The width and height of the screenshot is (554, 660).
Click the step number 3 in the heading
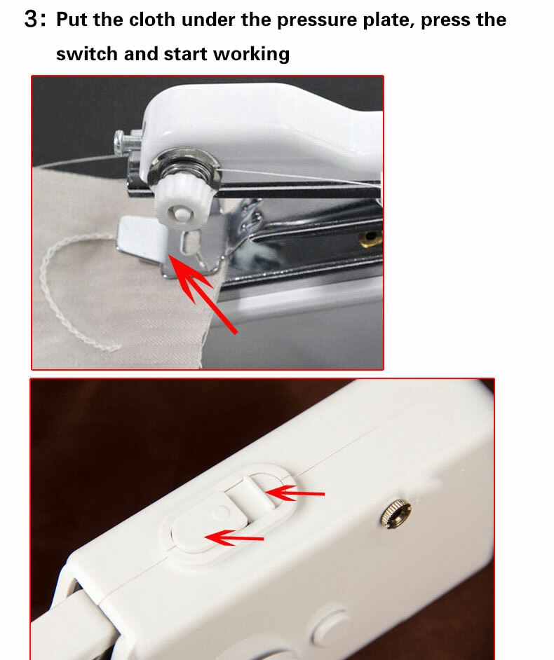[32, 19]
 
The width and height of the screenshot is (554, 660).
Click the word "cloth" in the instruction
[151, 20]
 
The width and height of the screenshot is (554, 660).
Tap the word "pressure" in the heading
[317, 20]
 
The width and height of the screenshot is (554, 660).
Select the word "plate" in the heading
[389, 20]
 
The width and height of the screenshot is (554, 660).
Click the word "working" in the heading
[251, 55]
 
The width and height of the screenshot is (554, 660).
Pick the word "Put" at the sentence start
[72, 20]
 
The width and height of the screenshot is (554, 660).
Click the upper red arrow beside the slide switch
[295, 493]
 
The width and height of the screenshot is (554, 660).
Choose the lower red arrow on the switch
[234, 537]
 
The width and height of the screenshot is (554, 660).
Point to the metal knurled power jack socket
[396, 513]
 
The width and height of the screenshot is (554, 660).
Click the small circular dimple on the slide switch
[220, 512]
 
